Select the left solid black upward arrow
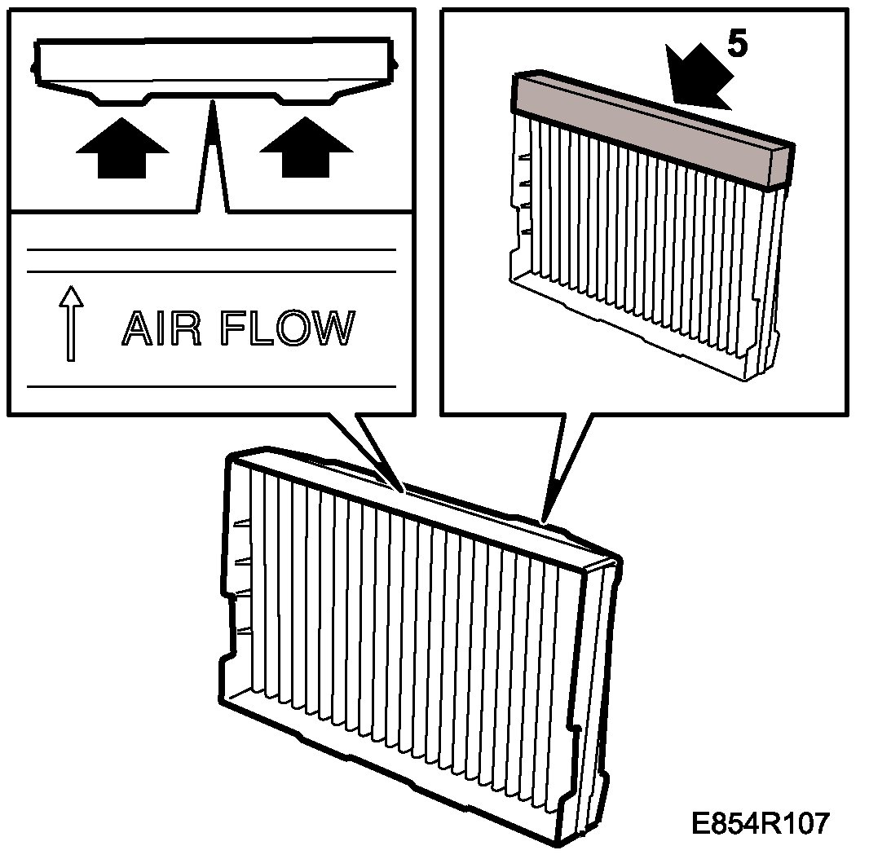pyautogui.click(x=122, y=147)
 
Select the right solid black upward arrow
pyautogui.click(x=306, y=147)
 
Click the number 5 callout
pyautogui.click(x=735, y=46)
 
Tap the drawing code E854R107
pyautogui.click(x=760, y=823)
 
